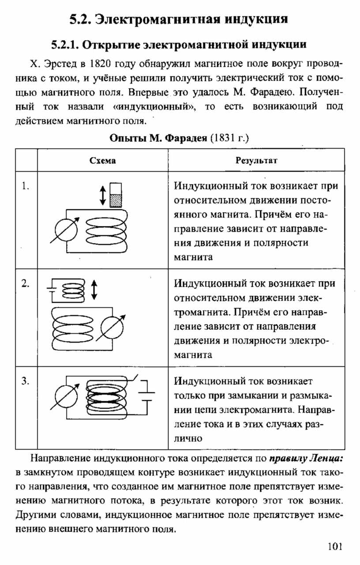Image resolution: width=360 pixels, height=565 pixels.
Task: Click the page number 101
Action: click(x=335, y=546)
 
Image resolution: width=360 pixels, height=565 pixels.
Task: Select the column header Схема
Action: click(x=103, y=161)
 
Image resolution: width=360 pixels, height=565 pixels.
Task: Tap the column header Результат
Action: click(x=256, y=160)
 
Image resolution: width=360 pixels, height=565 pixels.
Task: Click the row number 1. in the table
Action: click(x=26, y=186)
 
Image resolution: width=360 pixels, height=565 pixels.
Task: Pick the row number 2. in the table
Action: click(x=26, y=283)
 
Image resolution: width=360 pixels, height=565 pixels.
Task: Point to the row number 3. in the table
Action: click(x=26, y=381)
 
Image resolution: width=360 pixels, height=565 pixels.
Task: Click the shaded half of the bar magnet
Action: click(x=116, y=200)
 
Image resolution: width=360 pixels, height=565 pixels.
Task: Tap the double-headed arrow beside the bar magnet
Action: click(x=103, y=195)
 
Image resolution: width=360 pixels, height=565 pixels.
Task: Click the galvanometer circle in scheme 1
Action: click(x=66, y=230)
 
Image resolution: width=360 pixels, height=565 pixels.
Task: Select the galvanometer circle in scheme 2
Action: click(x=112, y=328)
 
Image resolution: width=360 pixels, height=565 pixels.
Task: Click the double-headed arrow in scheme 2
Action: click(x=94, y=290)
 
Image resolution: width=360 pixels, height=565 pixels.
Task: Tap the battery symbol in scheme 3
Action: click(x=146, y=396)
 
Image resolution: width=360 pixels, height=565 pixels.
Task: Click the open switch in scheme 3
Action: click(x=133, y=378)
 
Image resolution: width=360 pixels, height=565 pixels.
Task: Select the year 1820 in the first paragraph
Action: click(x=100, y=64)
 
